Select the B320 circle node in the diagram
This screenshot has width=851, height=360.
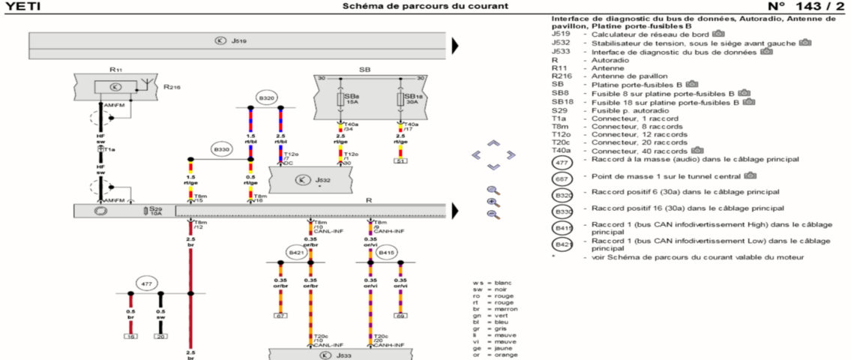pos(266,98)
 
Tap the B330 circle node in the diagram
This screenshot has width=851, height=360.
pos(221,149)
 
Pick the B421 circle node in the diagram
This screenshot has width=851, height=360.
pos(296,253)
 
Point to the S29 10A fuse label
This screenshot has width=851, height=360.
pos(155,211)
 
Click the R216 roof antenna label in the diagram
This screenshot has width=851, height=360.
pos(172,86)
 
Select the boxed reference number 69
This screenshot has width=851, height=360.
pos(400,316)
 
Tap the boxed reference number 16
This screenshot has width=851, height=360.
pos(130,337)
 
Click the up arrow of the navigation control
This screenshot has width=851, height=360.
pos(493,142)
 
